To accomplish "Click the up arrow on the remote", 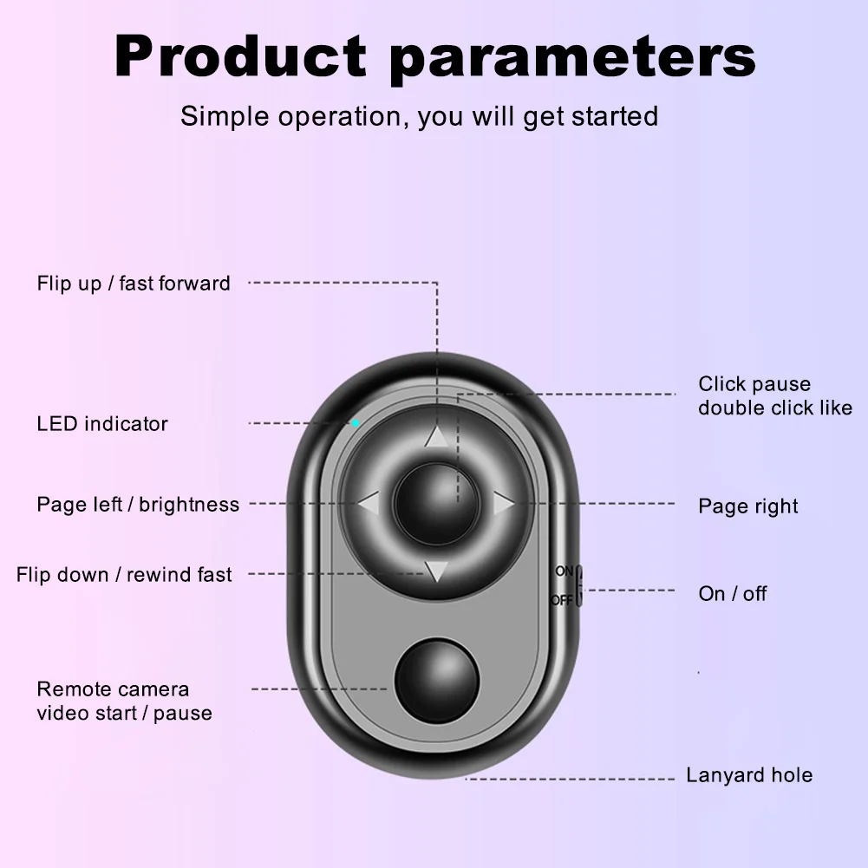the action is click(x=436, y=438).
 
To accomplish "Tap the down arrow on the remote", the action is click(x=436, y=571).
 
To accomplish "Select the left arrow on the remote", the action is click(x=369, y=503).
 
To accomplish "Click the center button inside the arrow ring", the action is click(x=435, y=503).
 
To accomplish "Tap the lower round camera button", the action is click(x=437, y=681).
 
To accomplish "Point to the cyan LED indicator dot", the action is click(x=356, y=423).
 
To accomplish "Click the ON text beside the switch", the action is click(x=565, y=571).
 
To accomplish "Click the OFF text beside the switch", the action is click(x=562, y=599).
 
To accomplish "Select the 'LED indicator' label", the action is click(x=102, y=424).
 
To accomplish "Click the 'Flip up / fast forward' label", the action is click(x=134, y=284).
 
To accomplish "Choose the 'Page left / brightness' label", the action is click(x=138, y=505).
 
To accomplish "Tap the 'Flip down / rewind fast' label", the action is click(x=124, y=575).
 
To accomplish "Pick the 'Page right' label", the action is click(x=748, y=506).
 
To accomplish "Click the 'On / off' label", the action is click(x=733, y=594).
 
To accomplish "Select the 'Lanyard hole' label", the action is click(x=749, y=775).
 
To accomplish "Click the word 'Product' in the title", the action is click(x=240, y=56).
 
